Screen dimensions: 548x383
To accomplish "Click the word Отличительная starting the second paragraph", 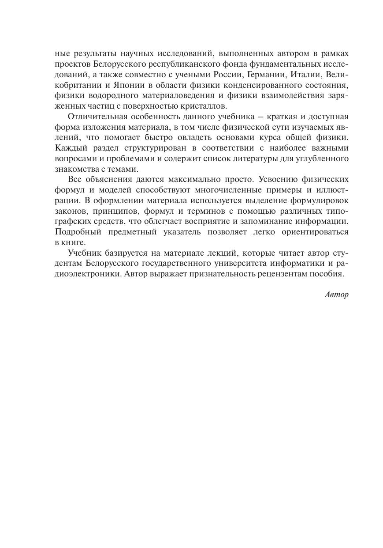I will (x=97, y=117).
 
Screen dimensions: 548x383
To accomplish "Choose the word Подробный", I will (x=73, y=231).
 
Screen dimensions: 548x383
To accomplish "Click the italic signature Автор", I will (x=336, y=295).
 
